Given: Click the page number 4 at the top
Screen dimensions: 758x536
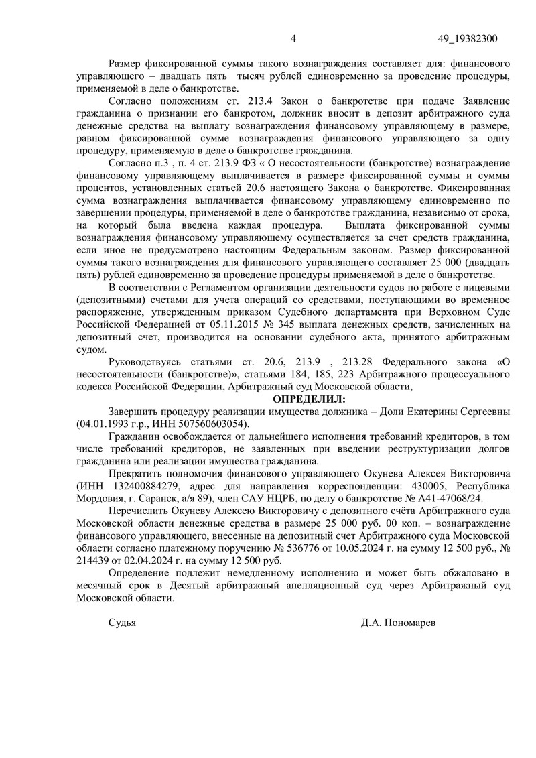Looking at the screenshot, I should (x=293, y=39).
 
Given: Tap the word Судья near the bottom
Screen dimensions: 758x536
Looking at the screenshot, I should (x=122, y=623).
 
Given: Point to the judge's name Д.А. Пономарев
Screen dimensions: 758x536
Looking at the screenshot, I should (x=397, y=623).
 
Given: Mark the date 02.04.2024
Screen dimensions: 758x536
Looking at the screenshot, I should (x=141, y=562).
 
